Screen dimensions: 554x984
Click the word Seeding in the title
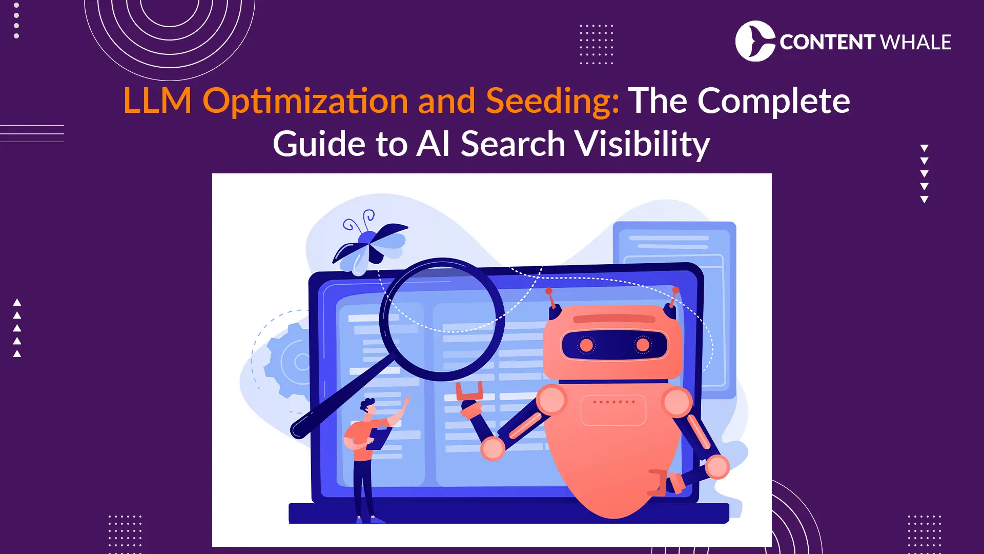[x=552, y=101]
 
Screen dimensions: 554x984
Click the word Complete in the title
[x=773, y=101]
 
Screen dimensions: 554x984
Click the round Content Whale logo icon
[x=754, y=41]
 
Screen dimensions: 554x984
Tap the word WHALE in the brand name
[x=915, y=42]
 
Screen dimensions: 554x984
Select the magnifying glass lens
[x=442, y=319]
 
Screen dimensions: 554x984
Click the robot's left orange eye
[x=586, y=345]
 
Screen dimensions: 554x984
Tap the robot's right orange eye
[x=642, y=345]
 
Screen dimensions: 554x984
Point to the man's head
[x=368, y=407]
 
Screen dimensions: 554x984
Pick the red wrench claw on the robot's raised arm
[x=469, y=392]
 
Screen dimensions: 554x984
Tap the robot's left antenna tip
[x=549, y=291]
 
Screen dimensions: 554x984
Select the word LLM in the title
[x=157, y=101]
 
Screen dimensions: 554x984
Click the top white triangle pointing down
[x=924, y=148]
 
